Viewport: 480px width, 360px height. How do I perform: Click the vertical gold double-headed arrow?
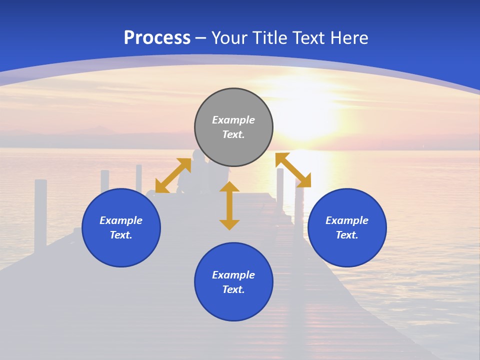229,206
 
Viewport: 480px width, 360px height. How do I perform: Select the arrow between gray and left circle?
173,175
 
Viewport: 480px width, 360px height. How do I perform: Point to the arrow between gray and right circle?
293,170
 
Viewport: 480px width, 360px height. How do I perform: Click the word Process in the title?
157,37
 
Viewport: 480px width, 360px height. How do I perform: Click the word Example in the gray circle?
233,120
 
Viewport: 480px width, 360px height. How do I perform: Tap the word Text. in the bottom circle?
233,289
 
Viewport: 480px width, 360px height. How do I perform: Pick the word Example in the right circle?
347,220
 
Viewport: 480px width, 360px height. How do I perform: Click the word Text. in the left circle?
121,235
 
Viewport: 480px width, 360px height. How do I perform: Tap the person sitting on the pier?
197,170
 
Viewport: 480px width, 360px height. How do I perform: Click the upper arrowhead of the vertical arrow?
229,187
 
